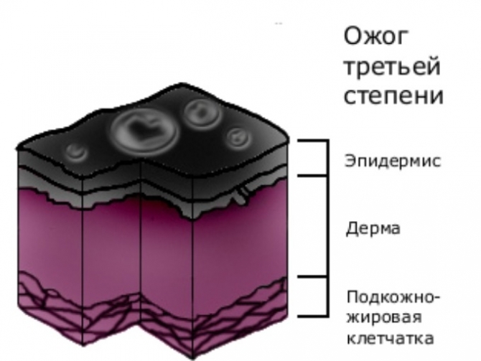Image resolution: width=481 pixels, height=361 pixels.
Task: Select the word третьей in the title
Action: [393, 67]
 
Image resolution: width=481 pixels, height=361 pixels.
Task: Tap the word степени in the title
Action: [393, 95]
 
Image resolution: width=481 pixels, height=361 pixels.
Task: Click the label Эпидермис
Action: [393, 161]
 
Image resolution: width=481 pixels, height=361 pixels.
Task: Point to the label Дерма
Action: [373, 228]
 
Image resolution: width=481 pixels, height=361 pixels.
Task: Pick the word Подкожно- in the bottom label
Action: [393, 297]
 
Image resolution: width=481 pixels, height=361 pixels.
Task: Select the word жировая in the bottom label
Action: [384, 317]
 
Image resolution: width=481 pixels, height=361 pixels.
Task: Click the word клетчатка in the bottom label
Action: [391, 338]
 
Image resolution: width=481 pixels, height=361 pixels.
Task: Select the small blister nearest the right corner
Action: [238, 137]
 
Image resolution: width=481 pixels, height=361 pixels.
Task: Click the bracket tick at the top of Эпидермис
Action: [312, 141]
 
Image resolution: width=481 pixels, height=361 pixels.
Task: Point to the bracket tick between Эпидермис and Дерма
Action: [312, 176]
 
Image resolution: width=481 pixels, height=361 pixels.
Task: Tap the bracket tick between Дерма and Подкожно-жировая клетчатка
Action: [312, 276]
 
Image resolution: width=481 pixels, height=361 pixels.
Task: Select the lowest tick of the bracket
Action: [312, 315]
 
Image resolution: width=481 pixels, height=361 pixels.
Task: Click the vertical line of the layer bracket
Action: [327, 228]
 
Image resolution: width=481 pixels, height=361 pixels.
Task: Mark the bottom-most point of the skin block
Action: [192, 359]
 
